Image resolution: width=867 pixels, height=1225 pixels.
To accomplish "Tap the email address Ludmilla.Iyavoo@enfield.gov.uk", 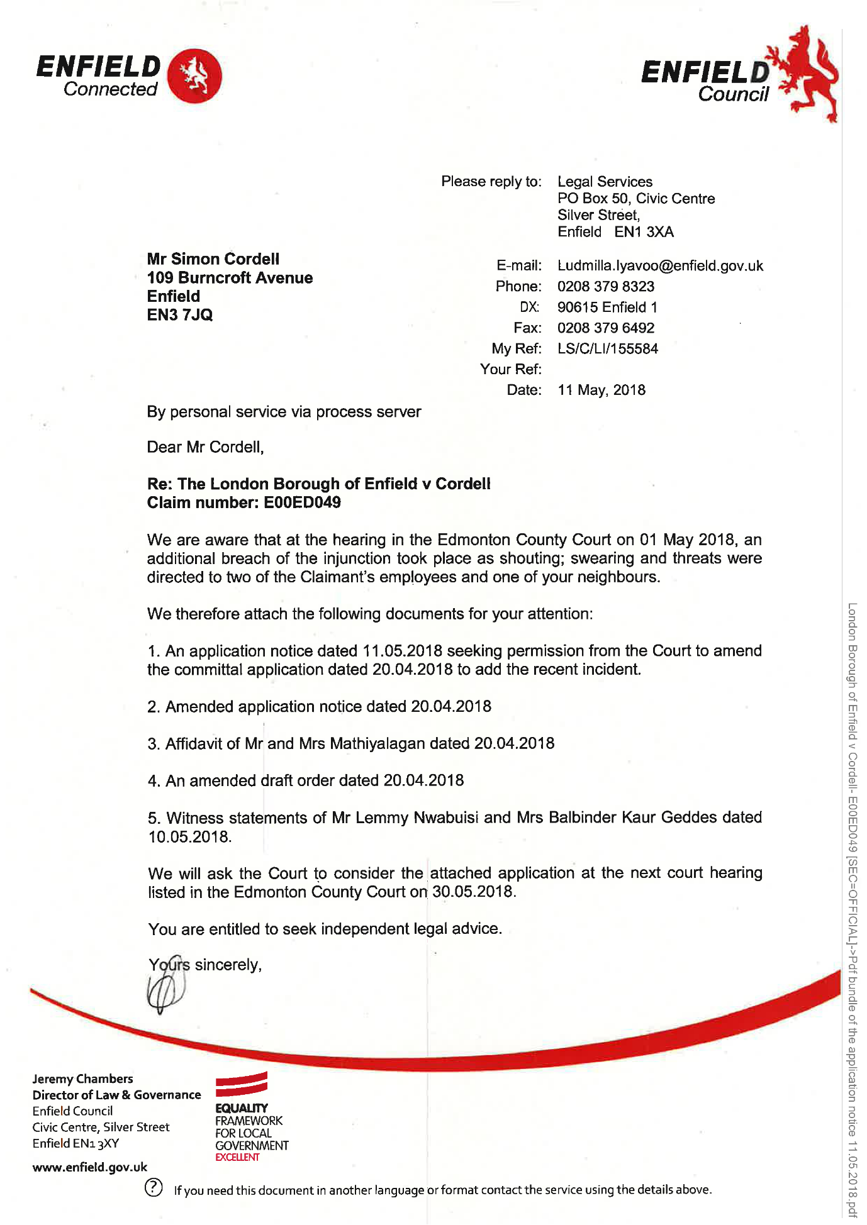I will coord(660,266).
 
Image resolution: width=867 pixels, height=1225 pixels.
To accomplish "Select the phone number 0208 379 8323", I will coord(605,287).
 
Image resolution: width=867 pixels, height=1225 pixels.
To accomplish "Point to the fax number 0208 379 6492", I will coord(605,328).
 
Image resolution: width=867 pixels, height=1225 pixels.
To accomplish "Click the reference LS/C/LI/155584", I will coord(607,349).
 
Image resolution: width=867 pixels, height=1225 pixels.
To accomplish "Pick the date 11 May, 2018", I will coord(601,391).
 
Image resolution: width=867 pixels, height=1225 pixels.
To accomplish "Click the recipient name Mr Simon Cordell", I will coord(213,259).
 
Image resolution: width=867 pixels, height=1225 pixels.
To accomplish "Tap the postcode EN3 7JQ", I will coord(180,315).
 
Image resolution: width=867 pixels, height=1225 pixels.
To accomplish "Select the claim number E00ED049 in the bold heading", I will coord(302,502).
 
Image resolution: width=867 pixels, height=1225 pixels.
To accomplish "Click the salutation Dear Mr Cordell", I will coord(205,447).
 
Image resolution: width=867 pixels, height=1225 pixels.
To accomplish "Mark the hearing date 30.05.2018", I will coord(473,892).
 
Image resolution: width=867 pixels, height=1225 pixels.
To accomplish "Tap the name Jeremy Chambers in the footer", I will coord(82,1079).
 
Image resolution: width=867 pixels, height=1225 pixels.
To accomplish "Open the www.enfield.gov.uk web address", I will coord(89,1168).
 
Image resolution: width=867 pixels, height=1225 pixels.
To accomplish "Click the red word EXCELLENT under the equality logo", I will coord(237,1157).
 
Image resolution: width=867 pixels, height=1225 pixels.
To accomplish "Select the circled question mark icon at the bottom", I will coord(154,1187).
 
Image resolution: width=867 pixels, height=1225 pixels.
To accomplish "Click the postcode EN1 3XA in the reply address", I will coord(644,232).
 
